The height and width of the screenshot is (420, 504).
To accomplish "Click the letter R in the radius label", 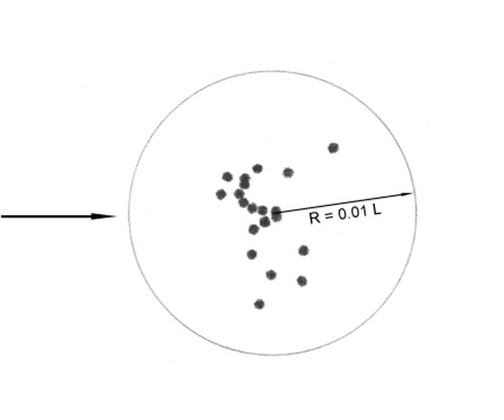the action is pos(315,218).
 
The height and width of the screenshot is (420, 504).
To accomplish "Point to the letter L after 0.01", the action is pos(377,210).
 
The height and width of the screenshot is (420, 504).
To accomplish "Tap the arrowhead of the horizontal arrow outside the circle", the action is pos(104,217).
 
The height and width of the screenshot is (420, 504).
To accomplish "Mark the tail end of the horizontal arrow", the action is pos(1,217).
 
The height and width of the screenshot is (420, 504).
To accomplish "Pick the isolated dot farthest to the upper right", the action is pos(333,148).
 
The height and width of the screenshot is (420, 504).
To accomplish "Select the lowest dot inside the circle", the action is pos(259,304).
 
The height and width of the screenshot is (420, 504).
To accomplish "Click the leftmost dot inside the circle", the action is pos(220,194).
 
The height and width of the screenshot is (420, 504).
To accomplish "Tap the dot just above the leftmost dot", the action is pos(227,177).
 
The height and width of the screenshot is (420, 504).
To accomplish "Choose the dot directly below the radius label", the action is pos(303,250).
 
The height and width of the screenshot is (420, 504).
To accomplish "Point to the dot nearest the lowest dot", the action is pos(272,274).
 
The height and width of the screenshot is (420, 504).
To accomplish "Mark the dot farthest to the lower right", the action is pos(302,281).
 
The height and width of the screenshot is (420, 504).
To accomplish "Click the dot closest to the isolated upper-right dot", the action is pos(288,173).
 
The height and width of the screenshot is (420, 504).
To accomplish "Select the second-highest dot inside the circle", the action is pos(258,169).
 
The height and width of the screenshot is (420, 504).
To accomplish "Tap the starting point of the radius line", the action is pos(273,213).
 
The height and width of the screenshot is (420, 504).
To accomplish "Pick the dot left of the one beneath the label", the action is pos(252,254).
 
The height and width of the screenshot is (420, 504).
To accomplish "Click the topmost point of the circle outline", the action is pos(273,72).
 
